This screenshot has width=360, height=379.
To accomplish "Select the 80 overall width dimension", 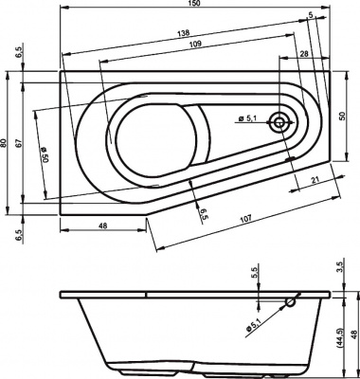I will [x=6, y=143].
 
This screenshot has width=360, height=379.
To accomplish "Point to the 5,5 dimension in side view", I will [x=254, y=272].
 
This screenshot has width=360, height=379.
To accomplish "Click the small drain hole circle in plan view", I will [x=280, y=121].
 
